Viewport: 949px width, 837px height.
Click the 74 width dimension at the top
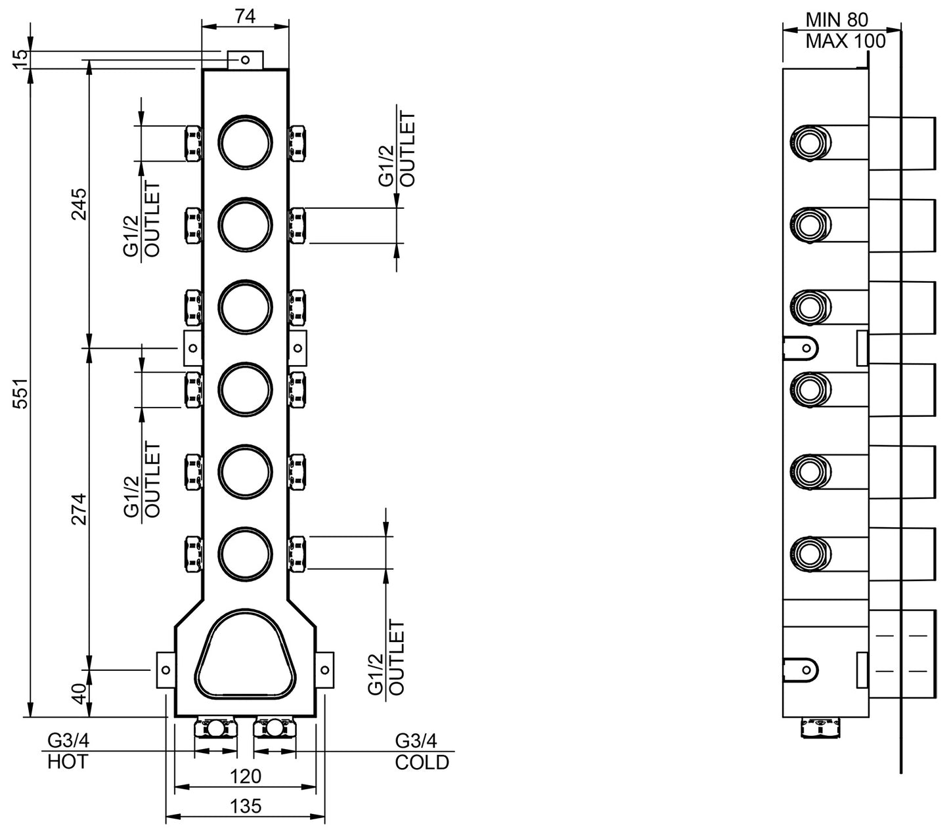pyautogui.click(x=244, y=17)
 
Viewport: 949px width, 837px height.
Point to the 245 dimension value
pyautogui.click(x=79, y=205)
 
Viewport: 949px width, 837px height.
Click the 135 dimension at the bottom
pyautogui.click(x=246, y=806)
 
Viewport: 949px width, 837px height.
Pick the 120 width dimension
pyautogui.click(x=246, y=776)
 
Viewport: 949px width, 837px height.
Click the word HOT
pyautogui.click(x=67, y=762)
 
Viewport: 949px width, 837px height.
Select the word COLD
pyautogui.click(x=422, y=762)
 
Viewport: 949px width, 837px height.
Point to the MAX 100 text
pyautogui.click(x=845, y=41)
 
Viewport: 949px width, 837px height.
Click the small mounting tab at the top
pyautogui.click(x=245, y=60)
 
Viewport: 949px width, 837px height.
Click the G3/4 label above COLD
pyautogui.click(x=415, y=741)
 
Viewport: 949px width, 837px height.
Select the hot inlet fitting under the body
pyautogui.click(x=216, y=728)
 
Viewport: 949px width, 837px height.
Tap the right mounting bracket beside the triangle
pyautogui.click(x=325, y=670)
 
